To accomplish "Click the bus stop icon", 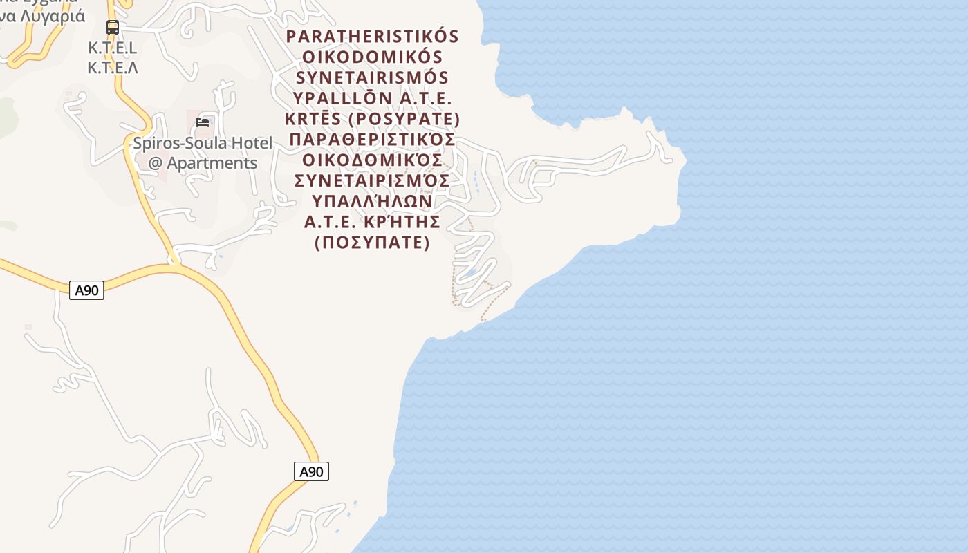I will (113, 28).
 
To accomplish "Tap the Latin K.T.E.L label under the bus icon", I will (113, 48).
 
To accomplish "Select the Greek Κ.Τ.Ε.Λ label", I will (113, 68).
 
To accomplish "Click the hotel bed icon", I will (202, 122).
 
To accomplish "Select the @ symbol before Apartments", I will (156, 164).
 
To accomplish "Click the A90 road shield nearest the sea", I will (311, 471).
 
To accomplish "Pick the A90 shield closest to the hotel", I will (86, 290).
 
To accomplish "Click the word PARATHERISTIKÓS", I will (373, 36).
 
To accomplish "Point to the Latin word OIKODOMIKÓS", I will (373, 57).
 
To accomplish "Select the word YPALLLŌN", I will (343, 98).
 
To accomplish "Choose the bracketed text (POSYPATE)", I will (404, 119).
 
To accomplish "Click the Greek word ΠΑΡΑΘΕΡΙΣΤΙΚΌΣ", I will (373, 140).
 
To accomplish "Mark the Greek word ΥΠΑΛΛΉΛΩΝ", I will (373, 201).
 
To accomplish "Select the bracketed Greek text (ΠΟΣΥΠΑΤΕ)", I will (373, 243).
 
